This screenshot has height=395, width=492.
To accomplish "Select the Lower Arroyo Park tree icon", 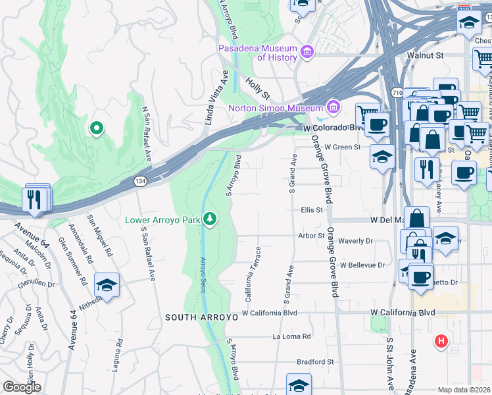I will (x=210, y=218).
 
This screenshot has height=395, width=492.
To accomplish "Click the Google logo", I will (x=22, y=387).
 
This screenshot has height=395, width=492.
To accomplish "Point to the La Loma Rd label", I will (x=292, y=336).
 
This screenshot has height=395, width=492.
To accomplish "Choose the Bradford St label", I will (x=315, y=361).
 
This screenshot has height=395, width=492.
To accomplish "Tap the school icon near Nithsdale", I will (x=107, y=285).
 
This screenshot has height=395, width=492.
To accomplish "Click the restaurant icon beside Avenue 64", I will (x=36, y=198).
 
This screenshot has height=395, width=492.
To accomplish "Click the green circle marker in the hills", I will (x=96, y=128).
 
